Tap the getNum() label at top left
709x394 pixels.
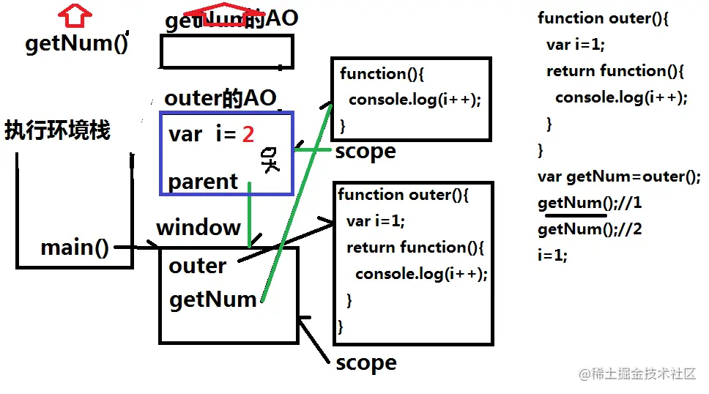click(76, 43)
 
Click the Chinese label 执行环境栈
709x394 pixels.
click(57, 130)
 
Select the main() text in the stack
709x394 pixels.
click(75, 248)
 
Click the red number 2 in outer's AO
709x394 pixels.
click(248, 134)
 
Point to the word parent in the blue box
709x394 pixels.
click(203, 181)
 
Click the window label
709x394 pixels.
click(198, 227)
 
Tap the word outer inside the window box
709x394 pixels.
click(197, 265)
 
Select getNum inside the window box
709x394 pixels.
click(212, 299)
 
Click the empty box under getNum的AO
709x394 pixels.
click(226, 51)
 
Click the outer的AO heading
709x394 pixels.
click(220, 97)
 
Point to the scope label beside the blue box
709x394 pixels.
click(365, 151)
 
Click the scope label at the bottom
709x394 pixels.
click(365, 363)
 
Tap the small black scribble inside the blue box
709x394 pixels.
click(270, 160)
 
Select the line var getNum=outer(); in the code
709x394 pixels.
click(619, 176)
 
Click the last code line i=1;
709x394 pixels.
click(552, 256)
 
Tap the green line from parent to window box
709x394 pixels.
click(250, 216)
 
